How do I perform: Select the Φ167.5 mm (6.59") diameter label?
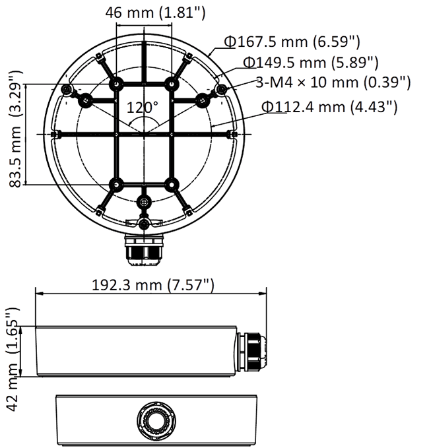(292, 43)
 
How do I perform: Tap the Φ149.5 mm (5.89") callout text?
(310, 63)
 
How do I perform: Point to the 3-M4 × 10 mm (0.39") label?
(333, 82)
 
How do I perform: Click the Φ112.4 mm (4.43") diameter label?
(329, 106)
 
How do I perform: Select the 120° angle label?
(143, 106)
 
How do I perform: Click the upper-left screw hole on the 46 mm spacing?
(116, 84)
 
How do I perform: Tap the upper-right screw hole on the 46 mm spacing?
(172, 84)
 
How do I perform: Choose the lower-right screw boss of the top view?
(172, 184)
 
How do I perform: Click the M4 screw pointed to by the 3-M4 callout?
(222, 89)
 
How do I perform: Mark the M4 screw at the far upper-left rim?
(65, 89)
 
